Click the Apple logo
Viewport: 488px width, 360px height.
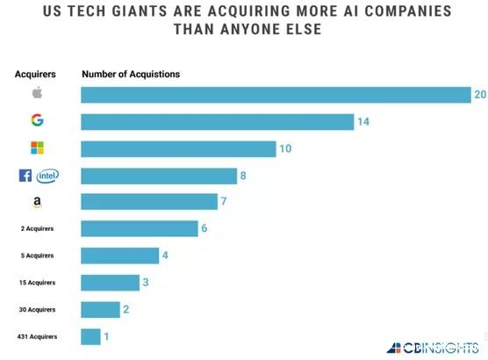click(38, 92)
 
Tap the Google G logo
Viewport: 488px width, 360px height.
click(38, 120)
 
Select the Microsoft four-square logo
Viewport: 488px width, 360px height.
click(38, 148)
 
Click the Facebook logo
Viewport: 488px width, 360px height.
click(25, 176)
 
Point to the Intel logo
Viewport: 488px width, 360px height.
click(47, 176)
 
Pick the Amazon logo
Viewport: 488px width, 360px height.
click(37, 202)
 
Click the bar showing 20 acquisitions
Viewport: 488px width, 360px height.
click(276, 95)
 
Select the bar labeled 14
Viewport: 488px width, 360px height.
click(218, 122)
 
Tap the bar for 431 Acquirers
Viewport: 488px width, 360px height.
click(90, 337)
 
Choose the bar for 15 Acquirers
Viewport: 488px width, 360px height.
click(111, 283)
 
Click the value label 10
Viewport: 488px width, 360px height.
click(285, 148)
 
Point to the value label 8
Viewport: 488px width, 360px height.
click(243, 176)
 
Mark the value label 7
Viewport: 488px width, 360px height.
click(224, 201)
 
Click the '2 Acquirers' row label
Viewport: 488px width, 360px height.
click(38, 228)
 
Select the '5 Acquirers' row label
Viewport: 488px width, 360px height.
click(38, 256)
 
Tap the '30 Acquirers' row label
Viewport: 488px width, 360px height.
click(38, 310)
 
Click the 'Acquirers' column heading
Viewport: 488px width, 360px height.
click(35, 74)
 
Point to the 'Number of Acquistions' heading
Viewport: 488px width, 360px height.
click(131, 74)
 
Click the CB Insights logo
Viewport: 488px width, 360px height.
click(433, 348)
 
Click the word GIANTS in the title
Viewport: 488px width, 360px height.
click(140, 11)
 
